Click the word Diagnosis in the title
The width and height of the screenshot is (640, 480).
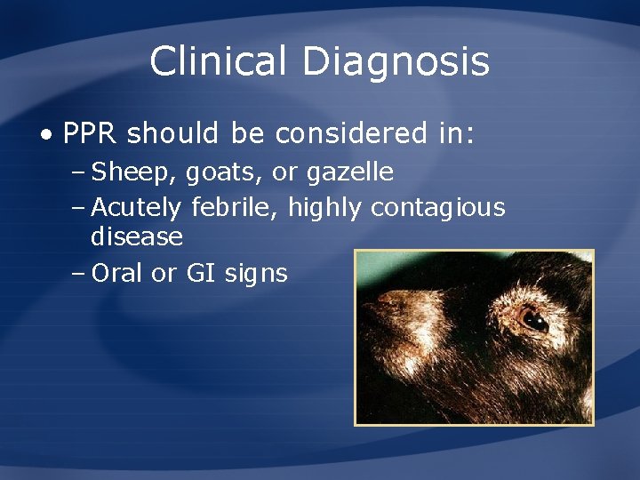pyautogui.click(x=396, y=62)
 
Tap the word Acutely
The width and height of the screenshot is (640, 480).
pyautogui.click(x=136, y=208)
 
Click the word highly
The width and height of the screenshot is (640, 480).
pyautogui.click(x=325, y=208)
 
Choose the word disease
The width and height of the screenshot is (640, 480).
pyautogui.click(x=137, y=237)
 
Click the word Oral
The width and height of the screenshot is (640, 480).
pyautogui.click(x=117, y=273)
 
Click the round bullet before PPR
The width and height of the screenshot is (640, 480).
pyautogui.click(x=45, y=135)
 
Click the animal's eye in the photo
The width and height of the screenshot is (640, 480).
pyautogui.click(x=532, y=316)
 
